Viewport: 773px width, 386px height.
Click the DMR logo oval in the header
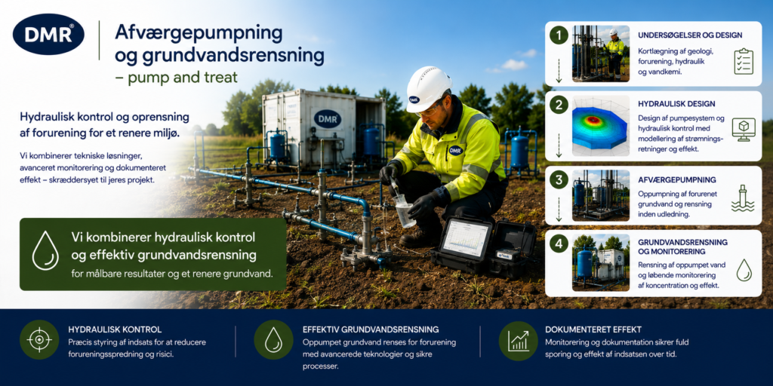48,34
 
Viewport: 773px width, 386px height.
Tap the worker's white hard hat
427,89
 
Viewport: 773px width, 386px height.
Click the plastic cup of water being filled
405,211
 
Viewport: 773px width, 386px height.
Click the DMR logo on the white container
328,119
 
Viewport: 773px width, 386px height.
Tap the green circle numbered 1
559,35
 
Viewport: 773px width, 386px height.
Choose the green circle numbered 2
559,106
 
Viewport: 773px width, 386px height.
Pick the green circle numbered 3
559,180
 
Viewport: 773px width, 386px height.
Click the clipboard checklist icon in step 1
743,62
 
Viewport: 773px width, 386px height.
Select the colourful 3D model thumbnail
601,126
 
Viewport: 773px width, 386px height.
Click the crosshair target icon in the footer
39,340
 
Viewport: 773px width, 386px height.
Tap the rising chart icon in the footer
518,341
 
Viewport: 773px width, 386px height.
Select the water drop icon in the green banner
45,250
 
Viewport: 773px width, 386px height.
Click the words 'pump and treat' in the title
183,78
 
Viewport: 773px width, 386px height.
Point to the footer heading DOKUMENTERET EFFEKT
593,330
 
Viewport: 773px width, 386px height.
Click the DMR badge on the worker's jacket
456,150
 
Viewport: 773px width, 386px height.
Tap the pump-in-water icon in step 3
743,198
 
